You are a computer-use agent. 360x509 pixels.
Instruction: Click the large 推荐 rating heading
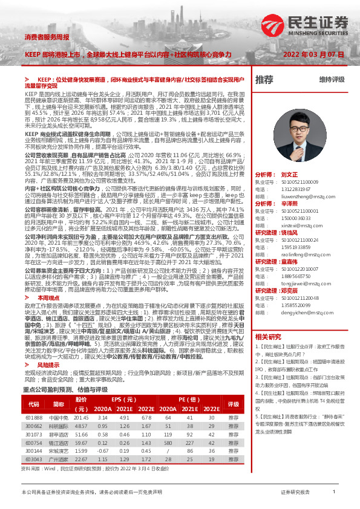(264, 79)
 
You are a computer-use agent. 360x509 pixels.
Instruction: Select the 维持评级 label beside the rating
(332, 79)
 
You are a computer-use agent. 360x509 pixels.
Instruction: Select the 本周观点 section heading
(49, 315)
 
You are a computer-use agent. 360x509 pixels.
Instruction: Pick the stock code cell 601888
(34, 418)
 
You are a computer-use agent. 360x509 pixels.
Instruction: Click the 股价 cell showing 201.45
(81, 418)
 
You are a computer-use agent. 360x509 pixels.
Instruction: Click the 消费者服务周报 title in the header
(47, 37)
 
